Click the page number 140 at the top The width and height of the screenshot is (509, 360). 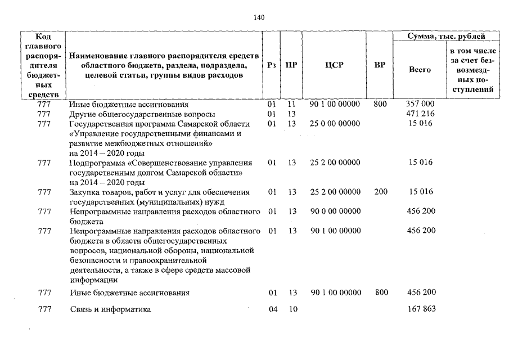[259, 17]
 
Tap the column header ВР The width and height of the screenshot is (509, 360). [380, 65]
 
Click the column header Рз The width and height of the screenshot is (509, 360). [272, 65]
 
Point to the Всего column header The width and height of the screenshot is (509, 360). [420, 70]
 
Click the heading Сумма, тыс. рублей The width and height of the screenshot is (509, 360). [446, 36]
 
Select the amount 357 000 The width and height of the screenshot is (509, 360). [420, 105]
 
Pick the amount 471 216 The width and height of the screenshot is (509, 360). [420, 114]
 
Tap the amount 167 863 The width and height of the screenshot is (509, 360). [420, 309]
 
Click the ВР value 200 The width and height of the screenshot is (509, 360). [381, 192]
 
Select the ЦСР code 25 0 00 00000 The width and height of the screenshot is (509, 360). [335, 124]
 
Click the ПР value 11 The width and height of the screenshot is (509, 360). [291, 105]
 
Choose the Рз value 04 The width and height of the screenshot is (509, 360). [273, 309]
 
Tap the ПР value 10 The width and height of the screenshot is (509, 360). [291, 309]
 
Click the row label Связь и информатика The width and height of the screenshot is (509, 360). [110, 309]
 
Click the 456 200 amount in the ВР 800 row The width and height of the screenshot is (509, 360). [420, 293]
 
